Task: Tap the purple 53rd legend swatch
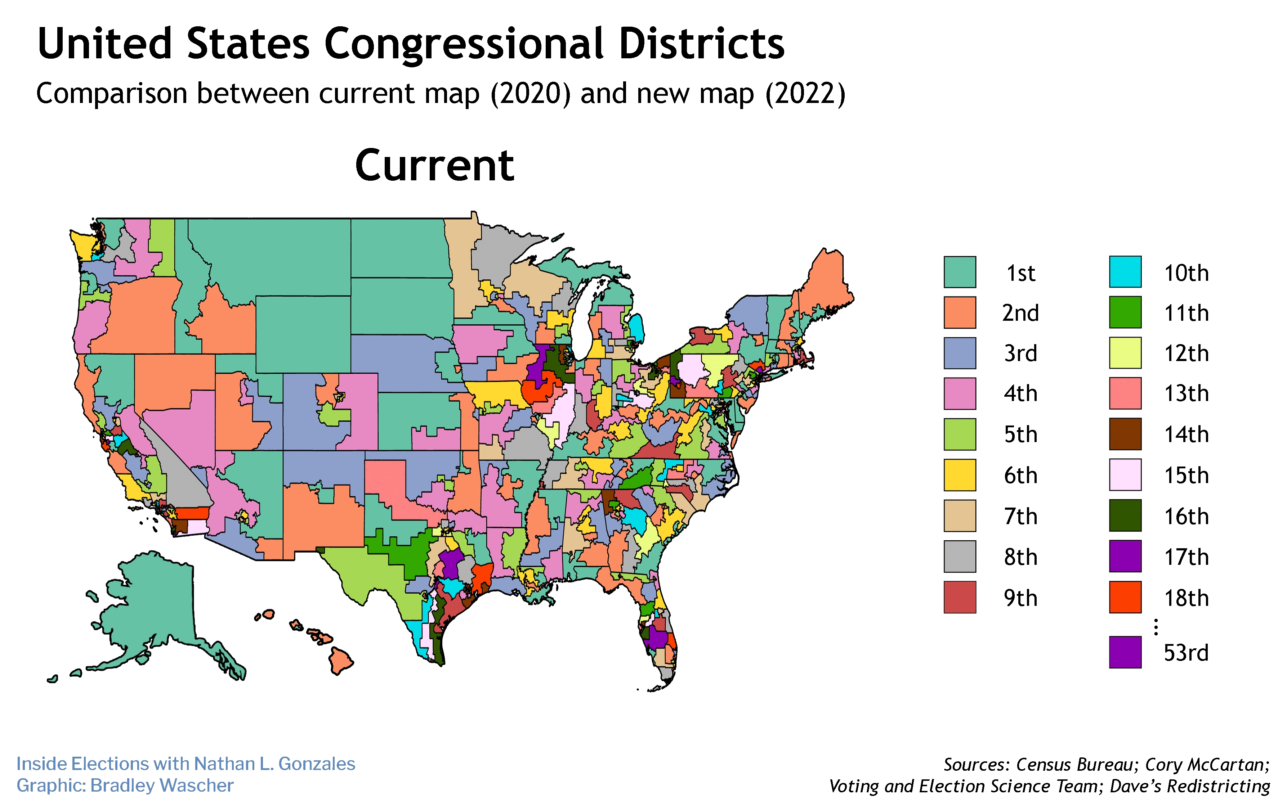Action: (x=1125, y=652)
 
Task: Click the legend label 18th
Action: (x=1186, y=598)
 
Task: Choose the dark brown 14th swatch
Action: (x=1125, y=434)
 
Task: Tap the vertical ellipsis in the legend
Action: (x=1155, y=627)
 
